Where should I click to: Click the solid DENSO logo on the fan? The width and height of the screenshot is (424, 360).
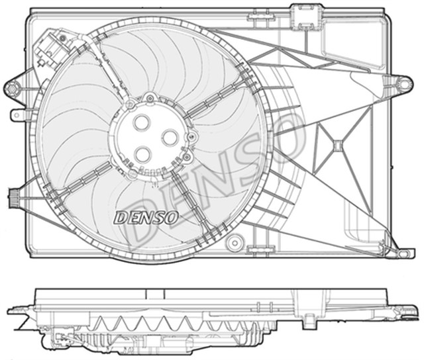pyautogui.click(x=146, y=216)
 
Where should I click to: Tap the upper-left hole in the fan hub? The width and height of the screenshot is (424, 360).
pyautogui.click(x=142, y=123)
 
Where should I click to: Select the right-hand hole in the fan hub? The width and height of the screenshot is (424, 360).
pyautogui.click(x=170, y=137)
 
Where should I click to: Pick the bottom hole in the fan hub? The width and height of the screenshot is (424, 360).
pyautogui.click(x=143, y=154)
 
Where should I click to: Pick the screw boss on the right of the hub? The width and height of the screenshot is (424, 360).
pyautogui.click(x=193, y=137)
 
